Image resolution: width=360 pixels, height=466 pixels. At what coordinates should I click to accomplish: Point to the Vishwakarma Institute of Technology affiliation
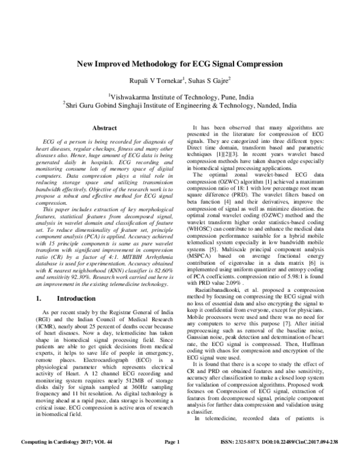(x=180, y=95)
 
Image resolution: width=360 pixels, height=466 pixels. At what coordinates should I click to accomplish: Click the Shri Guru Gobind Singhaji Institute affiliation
(x=180, y=105)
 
